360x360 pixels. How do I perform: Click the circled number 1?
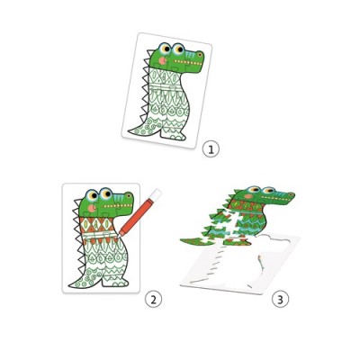tap(211, 148)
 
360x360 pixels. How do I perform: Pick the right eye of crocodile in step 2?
tap(118, 195)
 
